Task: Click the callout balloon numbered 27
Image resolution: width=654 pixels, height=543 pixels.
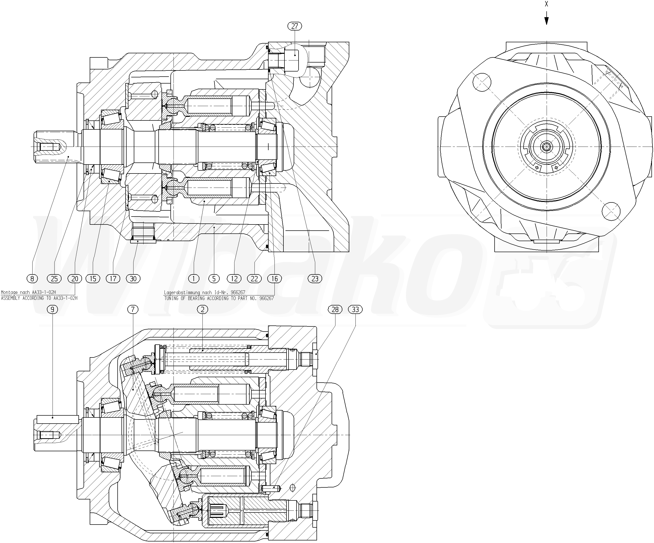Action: [x=295, y=26]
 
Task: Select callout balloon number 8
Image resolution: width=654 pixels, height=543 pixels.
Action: [x=32, y=279]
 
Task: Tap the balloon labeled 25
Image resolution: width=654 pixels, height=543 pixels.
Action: [x=54, y=279]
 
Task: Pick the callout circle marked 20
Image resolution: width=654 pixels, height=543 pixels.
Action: [x=75, y=279]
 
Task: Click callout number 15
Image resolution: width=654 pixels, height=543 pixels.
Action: [x=93, y=279]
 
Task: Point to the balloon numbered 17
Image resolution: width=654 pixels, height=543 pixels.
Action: [x=113, y=279]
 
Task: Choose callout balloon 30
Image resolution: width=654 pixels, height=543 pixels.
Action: [x=133, y=279]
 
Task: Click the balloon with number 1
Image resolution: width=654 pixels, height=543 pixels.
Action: [x=194, y=279]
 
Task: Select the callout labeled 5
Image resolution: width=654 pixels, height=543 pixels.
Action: [x=214, y=279]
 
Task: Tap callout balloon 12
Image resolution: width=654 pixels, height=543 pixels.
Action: [x=234, y=279]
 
